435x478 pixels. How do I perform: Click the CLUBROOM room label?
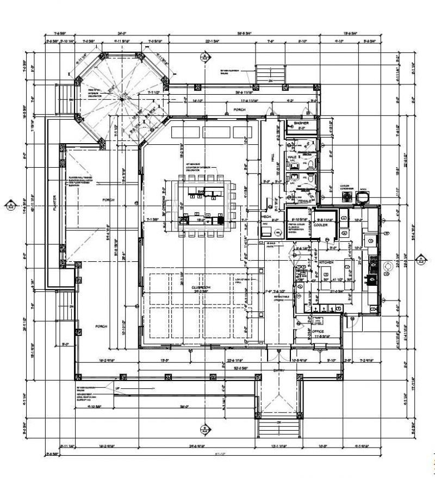pyautogui.click(x=201, y=287)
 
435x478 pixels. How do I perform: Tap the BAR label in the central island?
pyautogui.click(x=201, y=192)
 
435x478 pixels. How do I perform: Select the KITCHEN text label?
pyautogui.click(x=325, y=262)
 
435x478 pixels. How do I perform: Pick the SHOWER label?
pyautogui.click(x=301, y=124)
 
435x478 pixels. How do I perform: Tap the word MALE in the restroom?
pyautogui.click(x=292, y=157)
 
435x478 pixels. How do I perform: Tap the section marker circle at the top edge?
pyautogui.click(x=204, y=56)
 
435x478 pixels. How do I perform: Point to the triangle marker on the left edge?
pyautogui.click(x=10, y=205)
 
